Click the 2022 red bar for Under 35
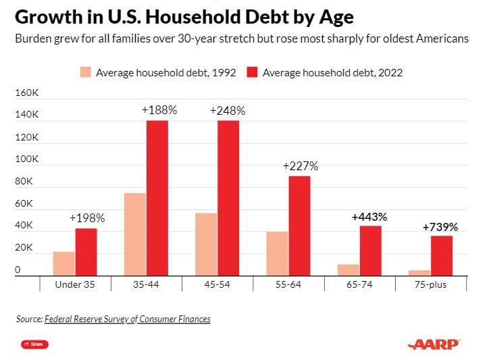pyautogui.click(x=86, y=252)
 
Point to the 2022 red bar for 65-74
pyautogui.click(x=371, y=251)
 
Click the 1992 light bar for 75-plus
pyautogui.click(x=419, y=272)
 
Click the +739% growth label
pyautogui.click(x=440, y=227)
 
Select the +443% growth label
pyautogui.click(x=369, y=217)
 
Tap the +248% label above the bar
pyautogui.click(x=228, y=111)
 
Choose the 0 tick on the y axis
pyautogui.click(x=18, y=270)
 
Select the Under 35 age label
pyautogui.click(x=76, y=285)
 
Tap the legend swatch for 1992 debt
pyautogui.click(x=84, y=72)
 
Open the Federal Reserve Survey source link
pyautogui.click(x=128, y=319)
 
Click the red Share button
pyautogui.click(x=34, y=344)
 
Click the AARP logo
pyautogui.click(x=434, y=344)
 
